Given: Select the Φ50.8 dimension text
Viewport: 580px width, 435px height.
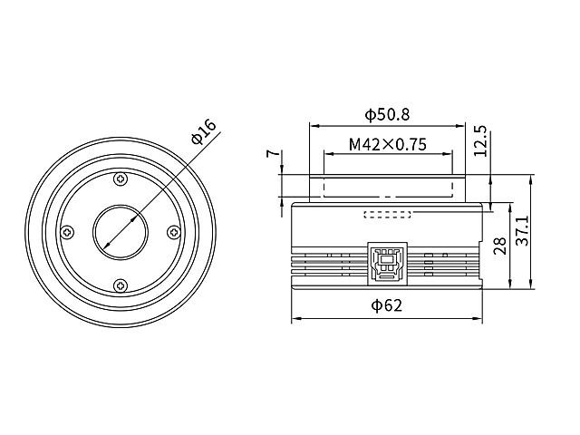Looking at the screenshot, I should [x=387, y=115].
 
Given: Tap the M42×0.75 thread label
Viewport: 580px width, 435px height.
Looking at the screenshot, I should [x=387, y=144].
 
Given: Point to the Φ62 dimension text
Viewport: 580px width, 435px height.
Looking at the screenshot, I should [x=387, y=306].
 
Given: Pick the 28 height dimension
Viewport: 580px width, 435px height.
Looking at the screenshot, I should [x=498, y=246].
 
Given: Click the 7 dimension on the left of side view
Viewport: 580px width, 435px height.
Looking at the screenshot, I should [x=270, y=155].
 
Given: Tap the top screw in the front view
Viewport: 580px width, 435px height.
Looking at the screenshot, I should [x=120, y=179].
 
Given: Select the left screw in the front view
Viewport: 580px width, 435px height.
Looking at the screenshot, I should [x=66, y=232].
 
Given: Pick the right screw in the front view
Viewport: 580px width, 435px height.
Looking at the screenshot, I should [x=173, y=232].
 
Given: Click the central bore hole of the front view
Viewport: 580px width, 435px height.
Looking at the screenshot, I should [x=120, y=232].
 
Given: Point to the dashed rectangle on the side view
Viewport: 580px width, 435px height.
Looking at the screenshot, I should [x=387, y=215].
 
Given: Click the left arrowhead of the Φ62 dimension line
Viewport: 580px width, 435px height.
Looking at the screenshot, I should [x=295, y=320].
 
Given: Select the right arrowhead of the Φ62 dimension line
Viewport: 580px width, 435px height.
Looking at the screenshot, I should [x=479, y=320].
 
